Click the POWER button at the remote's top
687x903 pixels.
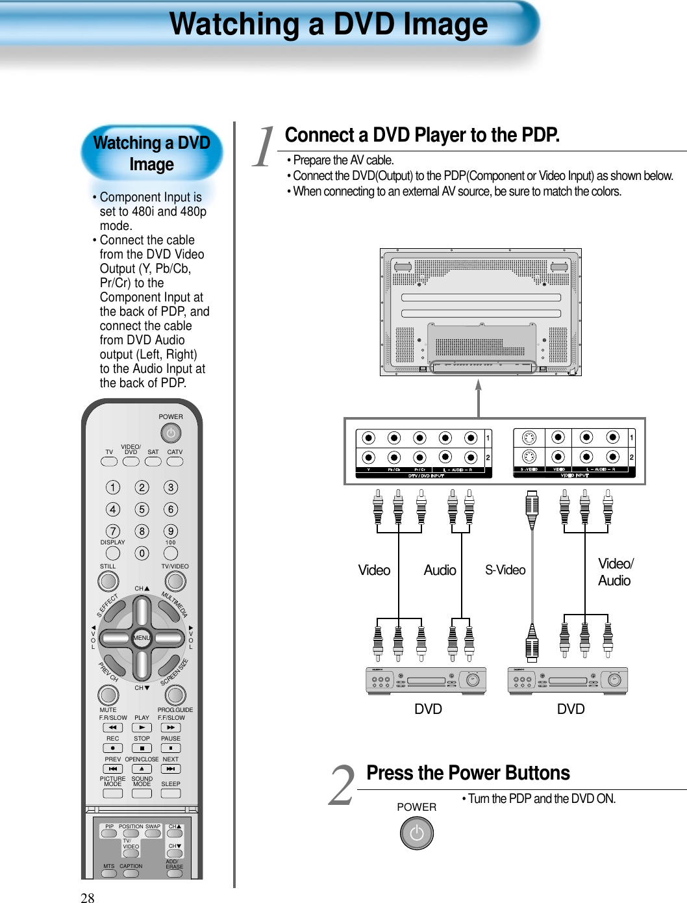click(170, 433)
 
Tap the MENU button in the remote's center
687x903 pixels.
click(142, 638)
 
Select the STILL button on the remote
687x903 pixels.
click(108, 581)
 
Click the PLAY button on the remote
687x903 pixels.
click(142, 728)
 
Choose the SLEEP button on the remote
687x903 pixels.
click(171, 793)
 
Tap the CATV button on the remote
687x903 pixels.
click(175, 461)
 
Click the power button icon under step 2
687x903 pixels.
click(416, 833)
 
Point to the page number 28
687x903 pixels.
click(87, 898)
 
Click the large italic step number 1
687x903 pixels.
click(264, 147)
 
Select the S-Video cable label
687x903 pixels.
click(505, 570)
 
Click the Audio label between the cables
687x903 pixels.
click(440, 570)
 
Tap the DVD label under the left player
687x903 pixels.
click(428, 709)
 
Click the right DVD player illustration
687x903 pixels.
click(568, 680)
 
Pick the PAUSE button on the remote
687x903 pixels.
click(171, 748)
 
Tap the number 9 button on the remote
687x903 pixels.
click(171, 531)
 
